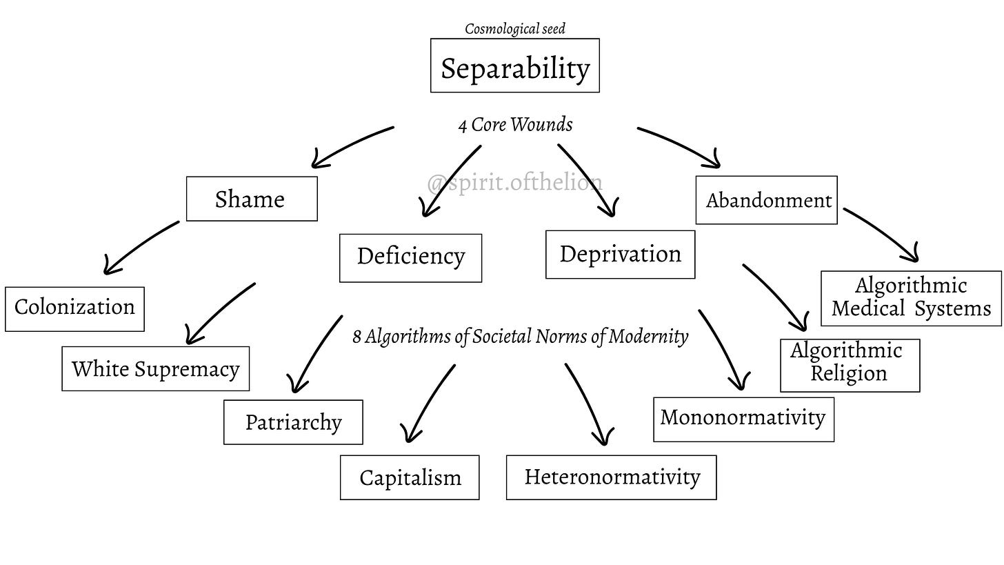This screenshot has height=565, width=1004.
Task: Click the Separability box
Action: [515, 66]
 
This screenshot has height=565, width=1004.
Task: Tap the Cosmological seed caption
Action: [515, 29]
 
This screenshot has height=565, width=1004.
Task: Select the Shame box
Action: [252, 199]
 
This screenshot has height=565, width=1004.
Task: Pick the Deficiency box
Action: [410, 258]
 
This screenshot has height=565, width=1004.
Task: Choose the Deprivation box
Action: [621, 255]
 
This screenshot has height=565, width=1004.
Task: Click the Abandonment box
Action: [767, 200]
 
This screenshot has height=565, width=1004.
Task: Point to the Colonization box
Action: [75, 309]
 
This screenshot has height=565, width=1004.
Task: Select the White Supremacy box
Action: [156, 368]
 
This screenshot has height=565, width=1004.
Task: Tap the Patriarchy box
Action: [293, 422]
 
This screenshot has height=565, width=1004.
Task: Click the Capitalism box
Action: [410, 477]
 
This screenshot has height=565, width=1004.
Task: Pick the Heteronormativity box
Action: [612, 477]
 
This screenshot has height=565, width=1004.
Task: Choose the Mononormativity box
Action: [743, 419]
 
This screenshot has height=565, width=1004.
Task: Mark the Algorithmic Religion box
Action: [850, 366]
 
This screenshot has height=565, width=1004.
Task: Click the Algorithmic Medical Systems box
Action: [911, 298]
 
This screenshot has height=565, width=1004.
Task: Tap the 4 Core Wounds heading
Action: [516, 125]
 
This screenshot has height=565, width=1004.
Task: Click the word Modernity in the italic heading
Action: [648, 337]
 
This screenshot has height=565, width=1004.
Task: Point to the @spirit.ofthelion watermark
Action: [514, 183]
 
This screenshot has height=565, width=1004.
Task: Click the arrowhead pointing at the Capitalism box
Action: [410, 434]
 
